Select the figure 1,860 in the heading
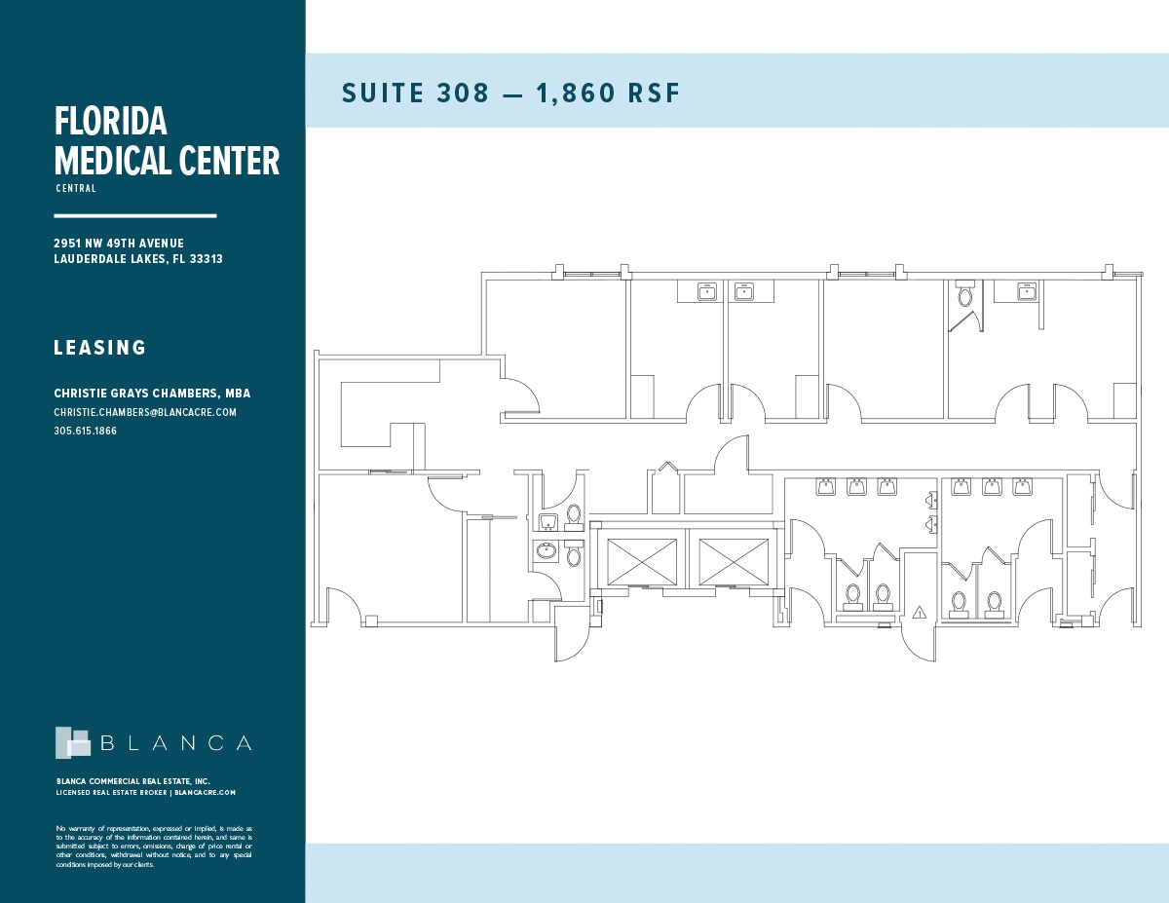(566, 94)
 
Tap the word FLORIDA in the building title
(111, 122)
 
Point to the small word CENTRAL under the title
(76, 189)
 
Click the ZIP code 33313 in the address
(206, 259)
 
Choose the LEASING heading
(100, 348)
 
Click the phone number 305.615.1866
(86, 431)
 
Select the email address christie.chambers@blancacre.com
(145, 412)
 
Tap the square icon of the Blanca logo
(72, 742)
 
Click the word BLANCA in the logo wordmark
(176, 743)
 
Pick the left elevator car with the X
(642, 562)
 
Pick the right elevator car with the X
(734, 562)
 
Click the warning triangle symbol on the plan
(919, 613)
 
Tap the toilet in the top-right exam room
(965, 294)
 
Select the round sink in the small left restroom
(547, 551)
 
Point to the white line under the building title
(135, 215)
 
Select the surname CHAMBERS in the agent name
(183, 394)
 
